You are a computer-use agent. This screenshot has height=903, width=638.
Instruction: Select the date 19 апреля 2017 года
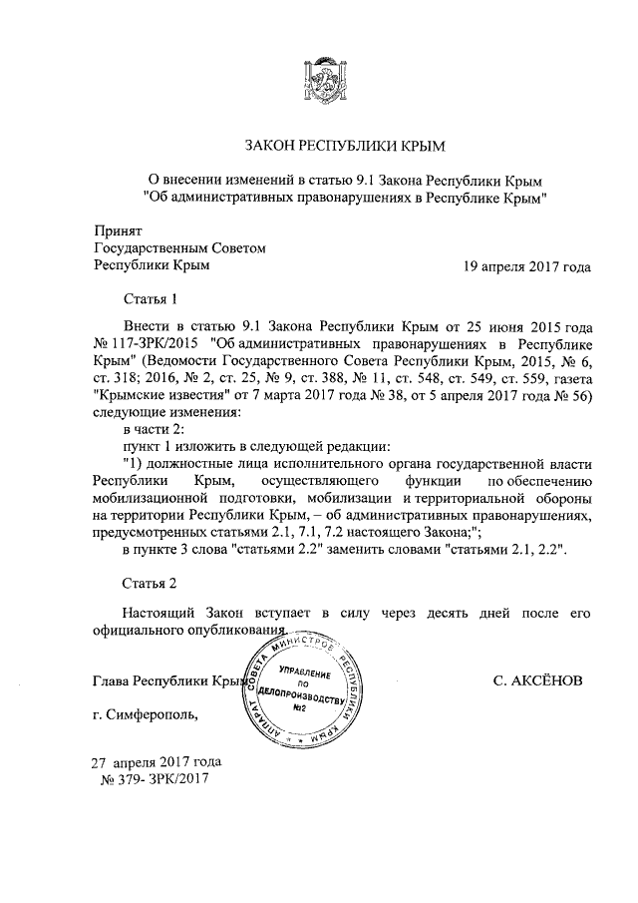point(526,266)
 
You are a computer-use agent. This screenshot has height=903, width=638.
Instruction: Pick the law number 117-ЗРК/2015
point(147,344)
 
